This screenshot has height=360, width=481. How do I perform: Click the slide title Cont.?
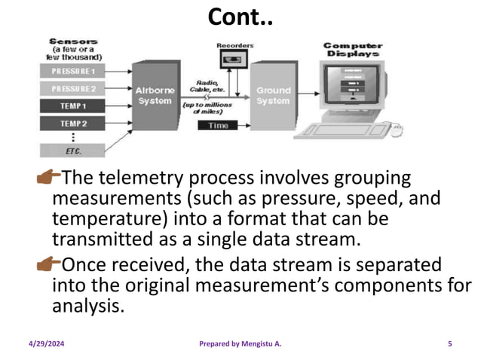tap(240, 16)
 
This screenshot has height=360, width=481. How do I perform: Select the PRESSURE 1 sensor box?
tap(73, 71)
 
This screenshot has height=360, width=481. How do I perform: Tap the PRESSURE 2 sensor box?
tap(73, 88)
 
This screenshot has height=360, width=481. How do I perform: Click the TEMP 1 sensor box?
tap(73, 106)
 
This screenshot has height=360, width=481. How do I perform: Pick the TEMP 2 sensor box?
tap(73, 123)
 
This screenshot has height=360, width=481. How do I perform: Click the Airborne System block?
tap(154, 96)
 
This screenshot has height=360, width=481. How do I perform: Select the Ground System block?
tap(272, 96)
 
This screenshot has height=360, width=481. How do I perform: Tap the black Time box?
tap(219, 125)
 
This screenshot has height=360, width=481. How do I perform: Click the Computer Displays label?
tap(352, 49)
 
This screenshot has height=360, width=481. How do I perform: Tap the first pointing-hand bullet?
tap(48, 178)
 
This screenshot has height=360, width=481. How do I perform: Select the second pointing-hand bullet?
tap(48, 265)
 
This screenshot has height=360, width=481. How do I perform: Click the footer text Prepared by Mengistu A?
tap(240, 344)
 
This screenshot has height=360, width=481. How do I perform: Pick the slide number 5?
tap(450, 344)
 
